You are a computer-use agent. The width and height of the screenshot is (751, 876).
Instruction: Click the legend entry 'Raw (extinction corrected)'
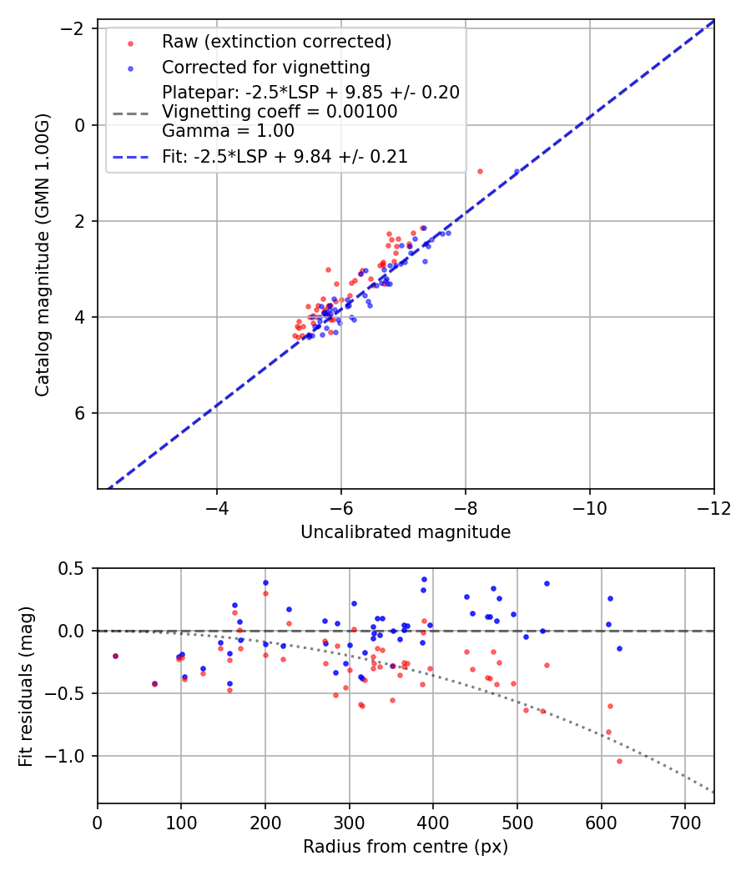[x=276, y=42]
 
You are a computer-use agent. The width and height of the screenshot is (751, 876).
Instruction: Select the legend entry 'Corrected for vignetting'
[x=265, y=67]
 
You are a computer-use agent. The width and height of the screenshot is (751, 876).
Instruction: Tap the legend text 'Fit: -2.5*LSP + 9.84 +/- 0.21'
[x=285, y=156]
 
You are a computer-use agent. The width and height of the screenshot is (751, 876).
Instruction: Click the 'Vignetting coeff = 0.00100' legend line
[x=280, y=111]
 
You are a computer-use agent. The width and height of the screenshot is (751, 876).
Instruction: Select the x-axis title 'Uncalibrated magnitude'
[x=406, y=531]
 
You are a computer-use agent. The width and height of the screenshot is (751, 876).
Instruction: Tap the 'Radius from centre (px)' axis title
[x=406, y=847]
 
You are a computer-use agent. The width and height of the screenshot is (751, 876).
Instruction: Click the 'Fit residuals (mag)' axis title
[x=25, y=686]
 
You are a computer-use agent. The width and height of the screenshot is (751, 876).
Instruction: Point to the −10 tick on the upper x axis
[x=589, y=508]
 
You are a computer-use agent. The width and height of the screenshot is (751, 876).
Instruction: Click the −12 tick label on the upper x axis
[x=713, y=508]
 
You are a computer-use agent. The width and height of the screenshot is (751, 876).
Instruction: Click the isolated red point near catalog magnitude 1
[x=480, y=171]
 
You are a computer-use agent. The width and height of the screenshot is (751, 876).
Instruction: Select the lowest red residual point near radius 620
[x=619, y=761]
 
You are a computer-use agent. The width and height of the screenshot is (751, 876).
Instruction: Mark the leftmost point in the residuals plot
[x=115, y=656]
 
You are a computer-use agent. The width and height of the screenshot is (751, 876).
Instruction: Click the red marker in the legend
[x=130, y=42]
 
